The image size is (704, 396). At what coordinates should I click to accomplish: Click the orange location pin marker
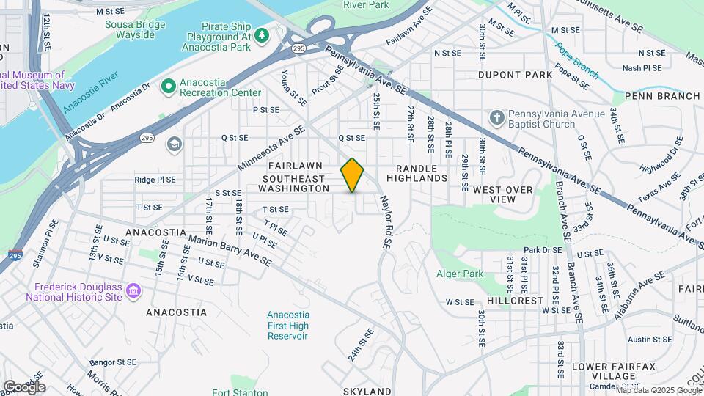pos(353,175)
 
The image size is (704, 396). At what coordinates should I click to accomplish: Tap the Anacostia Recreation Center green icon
pos(169,87)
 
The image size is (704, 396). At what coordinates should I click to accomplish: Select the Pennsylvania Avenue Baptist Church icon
pos(497,117)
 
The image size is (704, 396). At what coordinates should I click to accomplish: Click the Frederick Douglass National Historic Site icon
pos(133,292)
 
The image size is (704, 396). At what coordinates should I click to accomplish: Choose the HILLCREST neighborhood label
pos(515,301)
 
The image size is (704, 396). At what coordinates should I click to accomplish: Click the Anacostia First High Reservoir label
pos(287,325)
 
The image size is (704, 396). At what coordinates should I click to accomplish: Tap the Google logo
pos(24,386)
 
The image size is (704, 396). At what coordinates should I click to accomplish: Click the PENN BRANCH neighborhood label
pos(662,96)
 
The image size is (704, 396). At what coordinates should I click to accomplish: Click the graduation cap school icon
pos(174,143)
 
